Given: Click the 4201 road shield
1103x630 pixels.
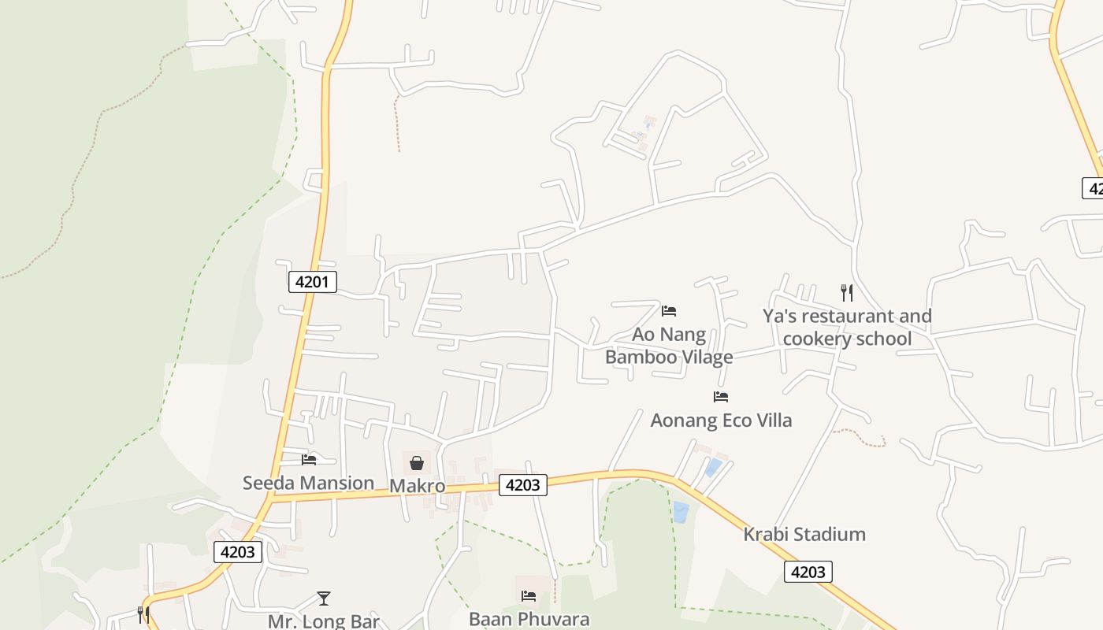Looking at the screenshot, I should (x=313, y=282).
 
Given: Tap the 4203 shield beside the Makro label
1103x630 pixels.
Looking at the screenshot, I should (x=522, y=485).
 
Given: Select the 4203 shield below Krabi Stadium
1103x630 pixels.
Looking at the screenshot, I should (x=808, y=572).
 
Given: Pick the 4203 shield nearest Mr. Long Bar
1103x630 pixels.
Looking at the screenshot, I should (x=237, y=552).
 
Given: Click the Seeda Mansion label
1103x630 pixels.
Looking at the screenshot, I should (x=308, y=483).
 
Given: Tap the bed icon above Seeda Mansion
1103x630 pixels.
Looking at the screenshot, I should (x=309, y=459).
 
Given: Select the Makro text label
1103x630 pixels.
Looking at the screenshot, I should (x=417, y=486).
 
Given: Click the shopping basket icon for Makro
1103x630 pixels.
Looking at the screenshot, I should (x=417, y=463).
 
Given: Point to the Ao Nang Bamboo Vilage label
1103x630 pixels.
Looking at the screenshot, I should (x=669, y=346).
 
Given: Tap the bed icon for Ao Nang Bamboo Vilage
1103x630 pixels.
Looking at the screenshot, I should (x=669, y=310).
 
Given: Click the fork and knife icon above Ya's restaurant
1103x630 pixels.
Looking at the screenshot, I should (x=847, y=293).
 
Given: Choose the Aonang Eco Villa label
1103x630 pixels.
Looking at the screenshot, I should (x=721, y=421).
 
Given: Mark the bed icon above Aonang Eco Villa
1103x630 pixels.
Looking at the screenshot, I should (x=721, y=397).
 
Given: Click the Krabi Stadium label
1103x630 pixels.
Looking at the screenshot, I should (x=804, y=535).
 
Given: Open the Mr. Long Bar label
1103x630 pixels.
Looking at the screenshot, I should (x=324, y=621).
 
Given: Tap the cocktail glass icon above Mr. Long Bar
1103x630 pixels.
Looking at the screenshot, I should (x=324, y=598).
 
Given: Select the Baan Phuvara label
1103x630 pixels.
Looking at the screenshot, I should (x=529, y=619).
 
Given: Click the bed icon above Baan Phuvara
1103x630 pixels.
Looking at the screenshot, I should (x=529, y=596).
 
